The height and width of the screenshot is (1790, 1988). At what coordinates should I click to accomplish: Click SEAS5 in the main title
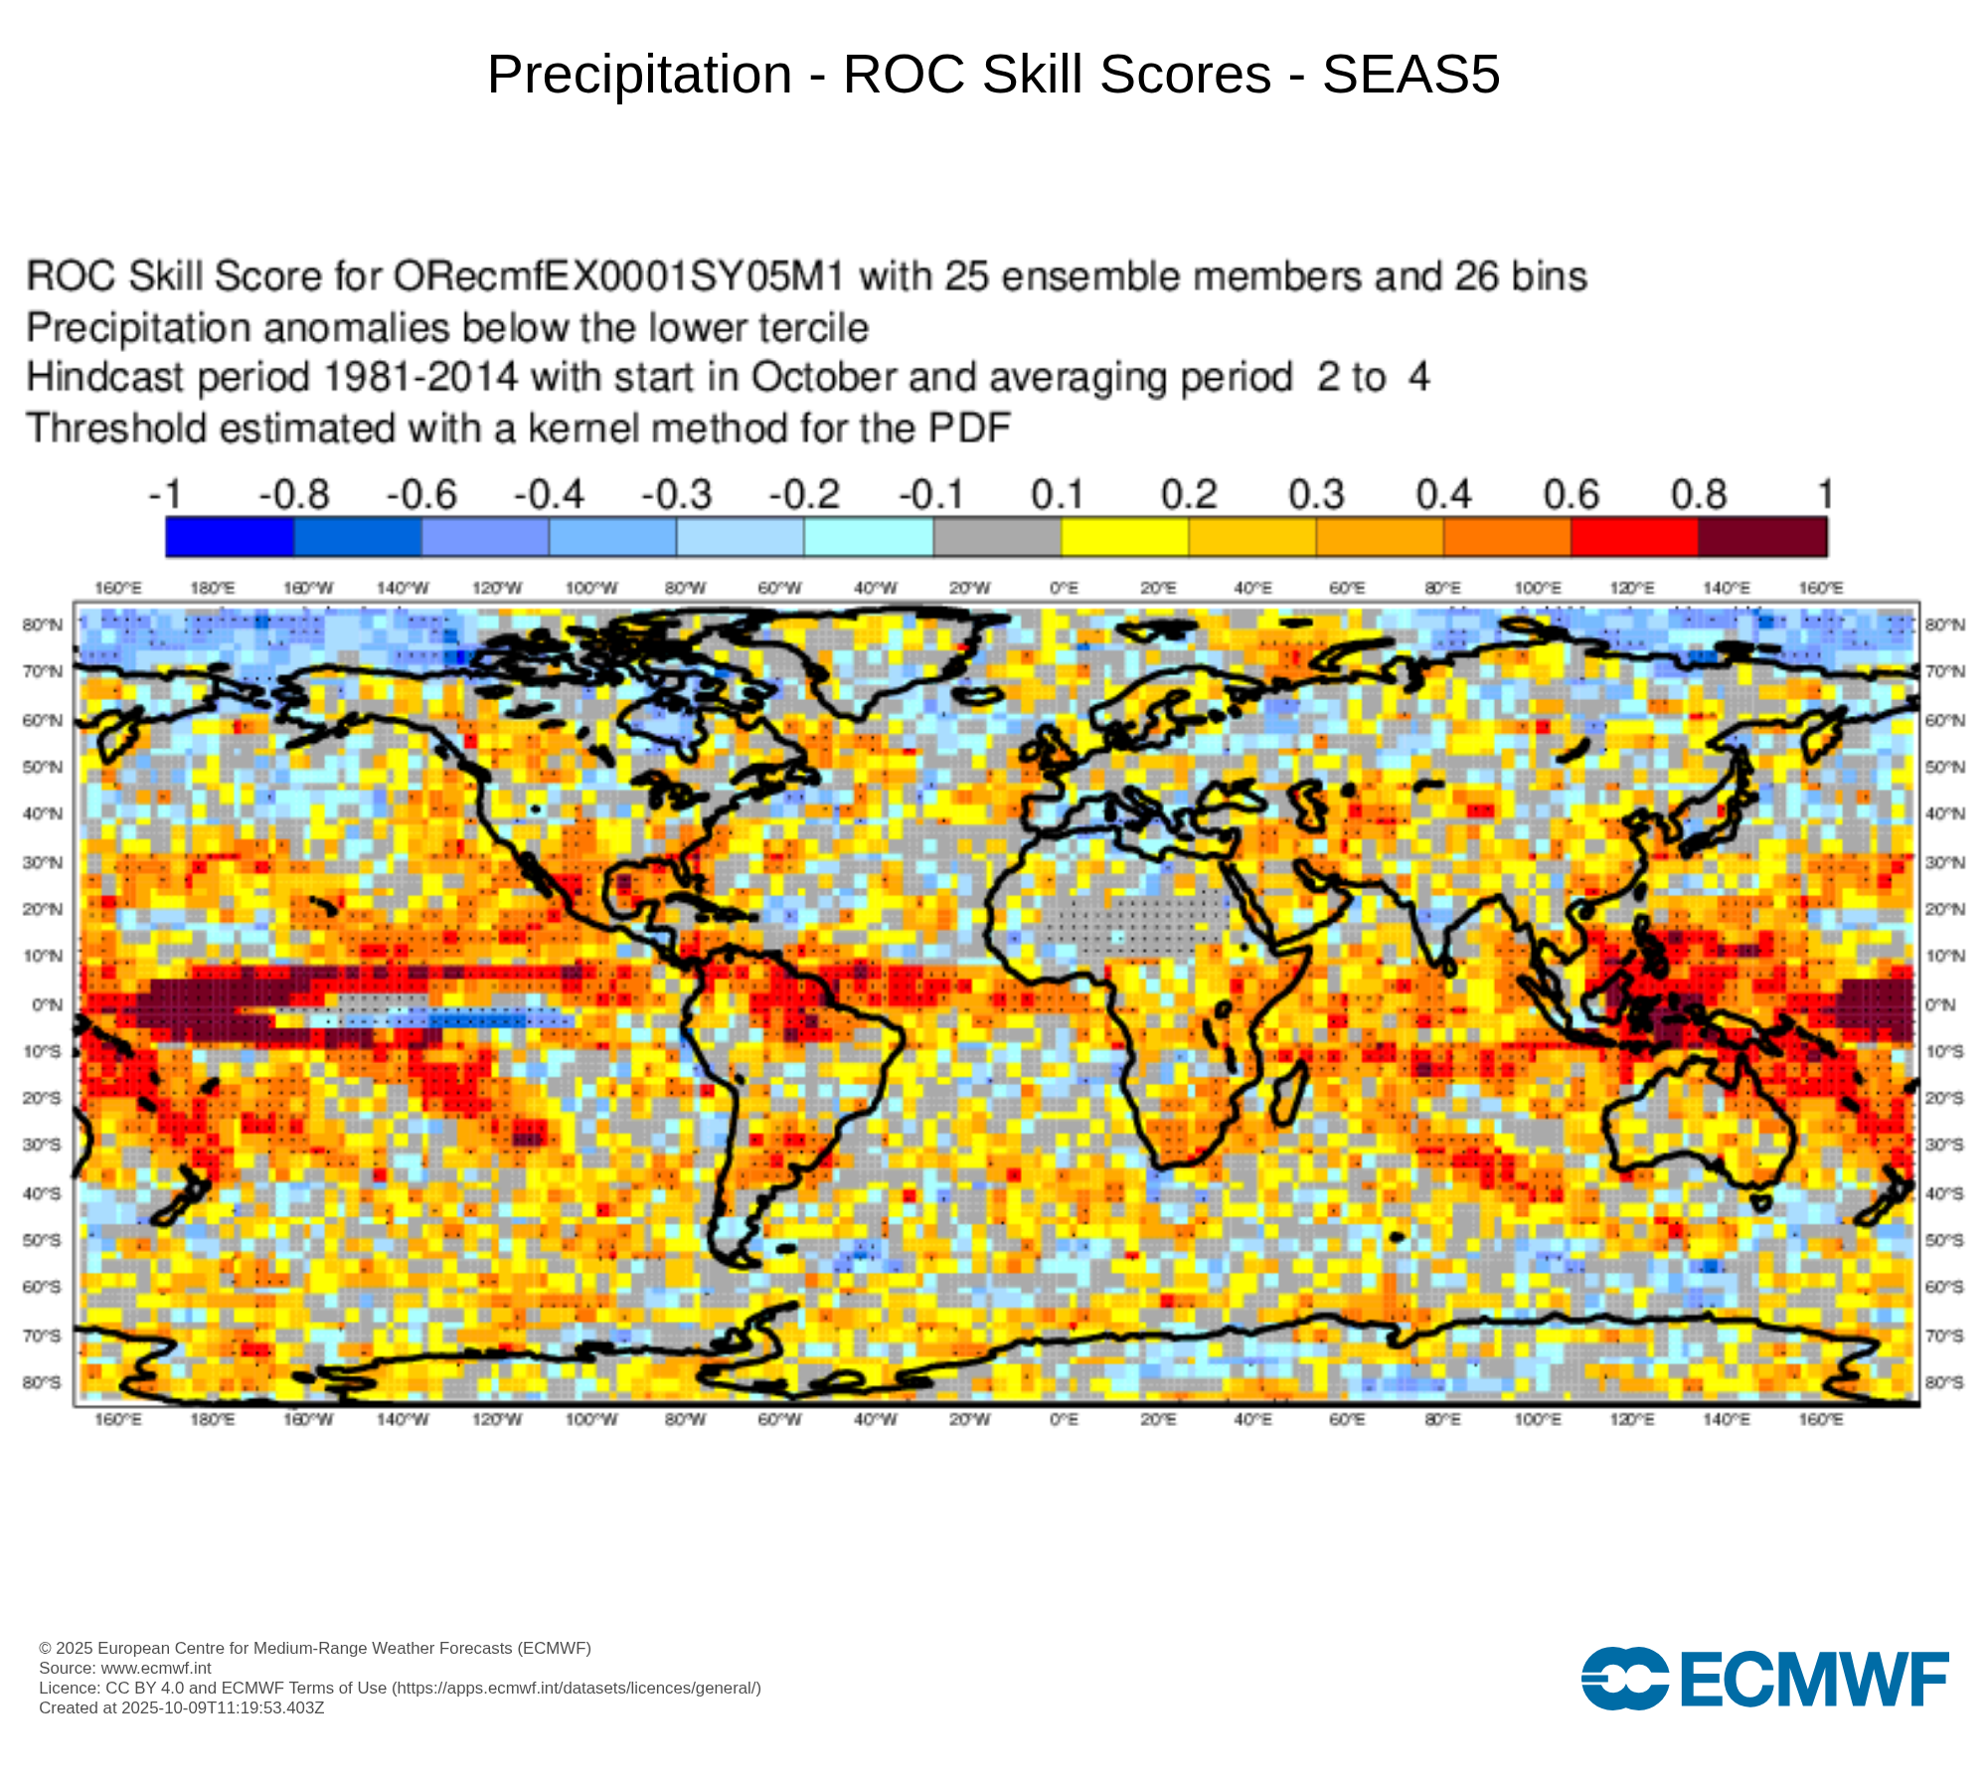coord(1410,75)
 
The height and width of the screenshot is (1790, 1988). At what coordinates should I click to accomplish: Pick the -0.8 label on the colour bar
coord(293,494)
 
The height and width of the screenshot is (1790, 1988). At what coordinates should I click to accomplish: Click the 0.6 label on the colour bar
coord(1571,494)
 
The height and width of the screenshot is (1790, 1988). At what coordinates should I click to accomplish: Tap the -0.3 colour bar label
coord(676,494)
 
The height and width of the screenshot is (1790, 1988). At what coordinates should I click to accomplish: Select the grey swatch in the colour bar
coord(997,537)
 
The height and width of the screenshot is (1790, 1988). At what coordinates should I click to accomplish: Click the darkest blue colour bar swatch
coord(230,537)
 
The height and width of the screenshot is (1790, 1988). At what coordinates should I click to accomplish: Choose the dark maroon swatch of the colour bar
coord(1762,537)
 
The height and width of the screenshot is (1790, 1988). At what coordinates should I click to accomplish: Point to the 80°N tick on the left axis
coord(43,625)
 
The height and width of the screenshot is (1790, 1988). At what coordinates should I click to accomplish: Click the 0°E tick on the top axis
coord(1064,589)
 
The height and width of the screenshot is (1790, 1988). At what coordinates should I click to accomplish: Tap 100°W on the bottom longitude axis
coord(591,1419)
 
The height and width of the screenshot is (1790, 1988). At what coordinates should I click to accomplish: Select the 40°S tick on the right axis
coord(1944,1193)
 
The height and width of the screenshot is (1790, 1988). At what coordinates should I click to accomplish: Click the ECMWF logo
coord(1764,1679)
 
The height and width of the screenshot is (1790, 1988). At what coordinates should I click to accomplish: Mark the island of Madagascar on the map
coord(1288,1091)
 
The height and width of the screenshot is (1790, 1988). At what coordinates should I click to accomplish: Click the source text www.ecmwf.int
coord(156,1668)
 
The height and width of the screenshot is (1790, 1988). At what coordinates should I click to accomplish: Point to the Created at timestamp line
coord(181,1707)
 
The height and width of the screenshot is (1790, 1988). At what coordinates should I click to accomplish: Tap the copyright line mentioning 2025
coord(314,1648)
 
